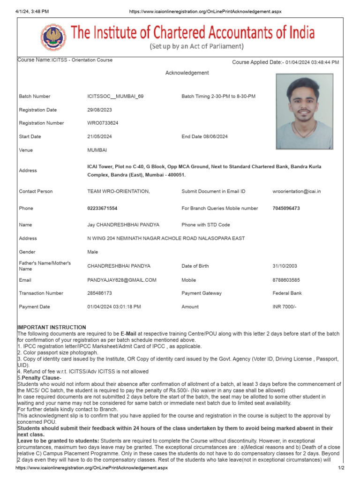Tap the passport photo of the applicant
tap(304, 111)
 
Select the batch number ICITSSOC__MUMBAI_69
tap(115, 97)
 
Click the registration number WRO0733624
tap(103, 123)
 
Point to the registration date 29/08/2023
tap(99, 110)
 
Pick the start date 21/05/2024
tap(99, 137)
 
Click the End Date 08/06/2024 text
tap(204, 137)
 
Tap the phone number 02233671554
tap(102, 208)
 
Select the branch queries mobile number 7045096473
tap(287, 208)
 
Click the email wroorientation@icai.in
tap(297, 191)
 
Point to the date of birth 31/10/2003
tap(285, 266)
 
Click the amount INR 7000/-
tap(285, 307)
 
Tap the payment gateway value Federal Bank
tap(287, 293)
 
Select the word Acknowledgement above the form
tap(187, 73)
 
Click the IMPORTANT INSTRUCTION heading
tap(52, 327)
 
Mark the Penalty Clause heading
tap(40, 378)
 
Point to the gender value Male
tap(93, 252)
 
